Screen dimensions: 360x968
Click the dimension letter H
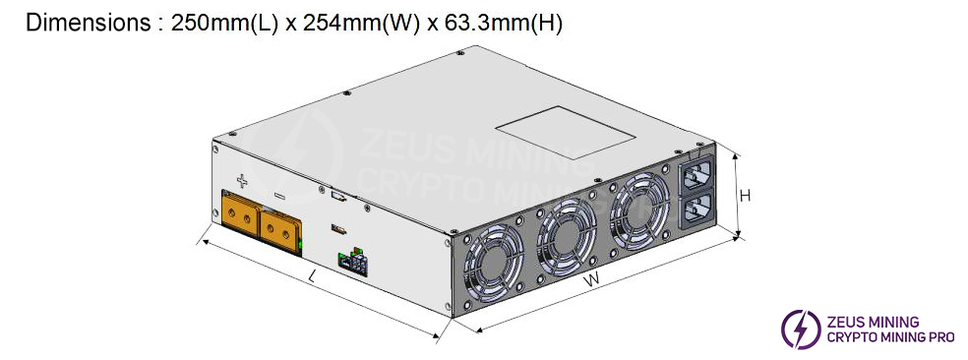(745, 195)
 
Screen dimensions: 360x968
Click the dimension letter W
(591, 281)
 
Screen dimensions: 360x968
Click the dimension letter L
(312, 277)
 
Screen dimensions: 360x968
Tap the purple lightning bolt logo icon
(800, 329)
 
